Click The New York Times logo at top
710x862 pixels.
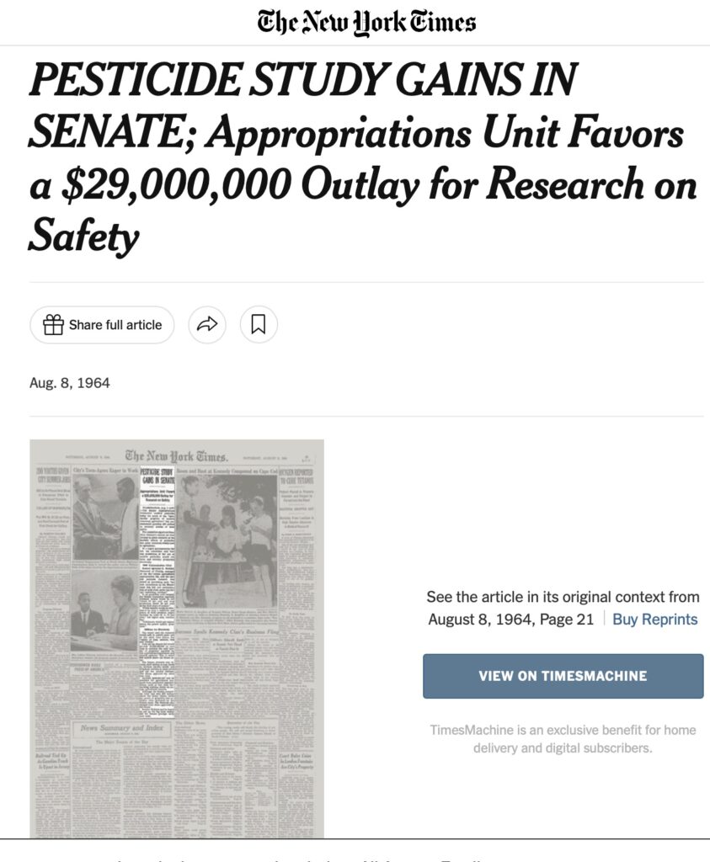pos(366,21)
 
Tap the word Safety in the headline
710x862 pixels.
pos(83,237)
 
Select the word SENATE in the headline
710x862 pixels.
pos(98,133)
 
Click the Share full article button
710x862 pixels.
pos(102,325)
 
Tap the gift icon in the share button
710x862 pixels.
pos(53,325)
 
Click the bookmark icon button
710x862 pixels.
pos(259,325)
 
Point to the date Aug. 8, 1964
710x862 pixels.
pos(70,383)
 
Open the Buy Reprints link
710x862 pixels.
pos(655,620)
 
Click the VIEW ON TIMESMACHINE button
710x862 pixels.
pos(563,676)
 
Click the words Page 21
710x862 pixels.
pos(572,620)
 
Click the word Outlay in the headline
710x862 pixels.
pos(358,185)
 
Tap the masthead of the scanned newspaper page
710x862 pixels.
pos(177,457)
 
